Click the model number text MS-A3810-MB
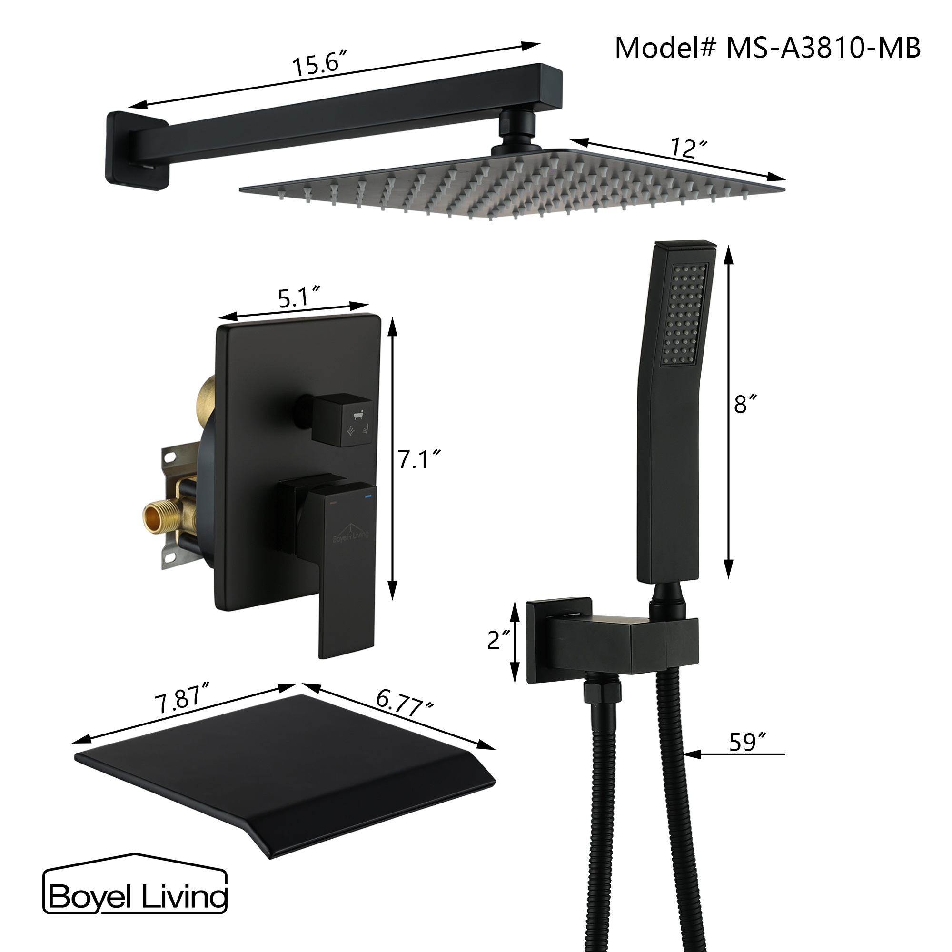[x=823, y=48]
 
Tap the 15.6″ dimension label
[x=319, y=64]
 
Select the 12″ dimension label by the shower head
[x=688, y=148]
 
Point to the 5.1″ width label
[x=298, y=297]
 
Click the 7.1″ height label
[x=418, y=459]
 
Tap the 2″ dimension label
[x=498, y=640]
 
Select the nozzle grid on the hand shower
[x=684, y=314]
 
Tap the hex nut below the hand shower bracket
[x=602, y=690]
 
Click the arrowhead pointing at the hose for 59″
[x=691, y=754]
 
